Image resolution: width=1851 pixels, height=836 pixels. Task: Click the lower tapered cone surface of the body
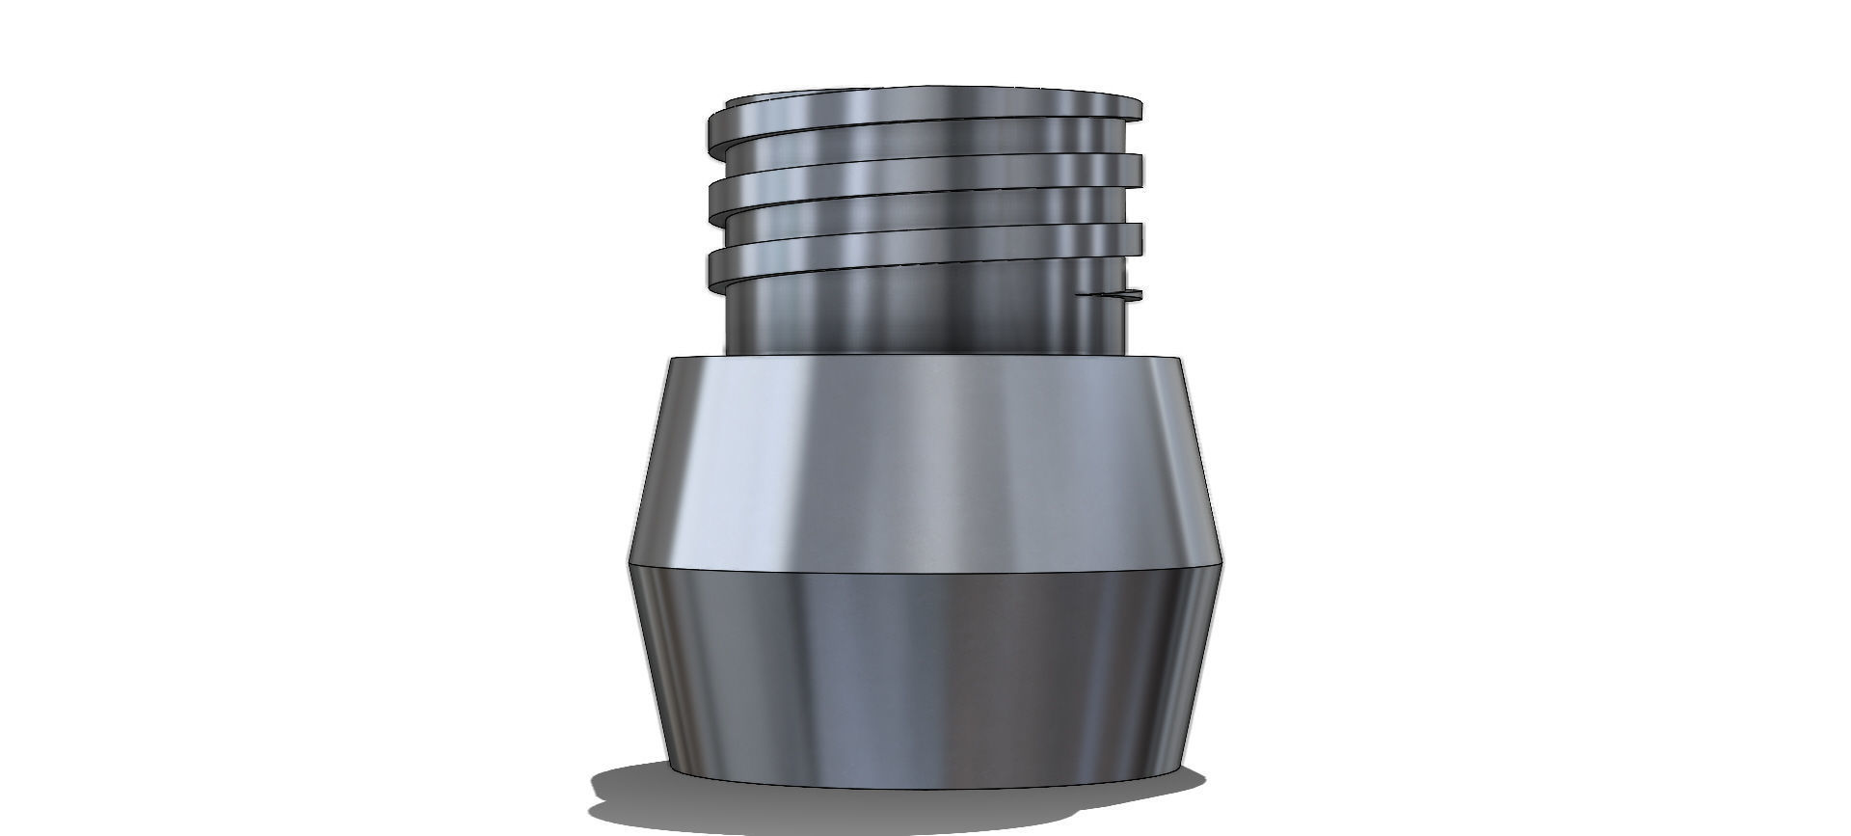[x=925, y=665]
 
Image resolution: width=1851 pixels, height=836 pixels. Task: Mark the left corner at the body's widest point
[x=630, y=562]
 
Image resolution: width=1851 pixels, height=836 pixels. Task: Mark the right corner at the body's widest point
[x=1222, y=562]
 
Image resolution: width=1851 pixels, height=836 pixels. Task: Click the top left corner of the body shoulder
[x=668, y=359]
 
